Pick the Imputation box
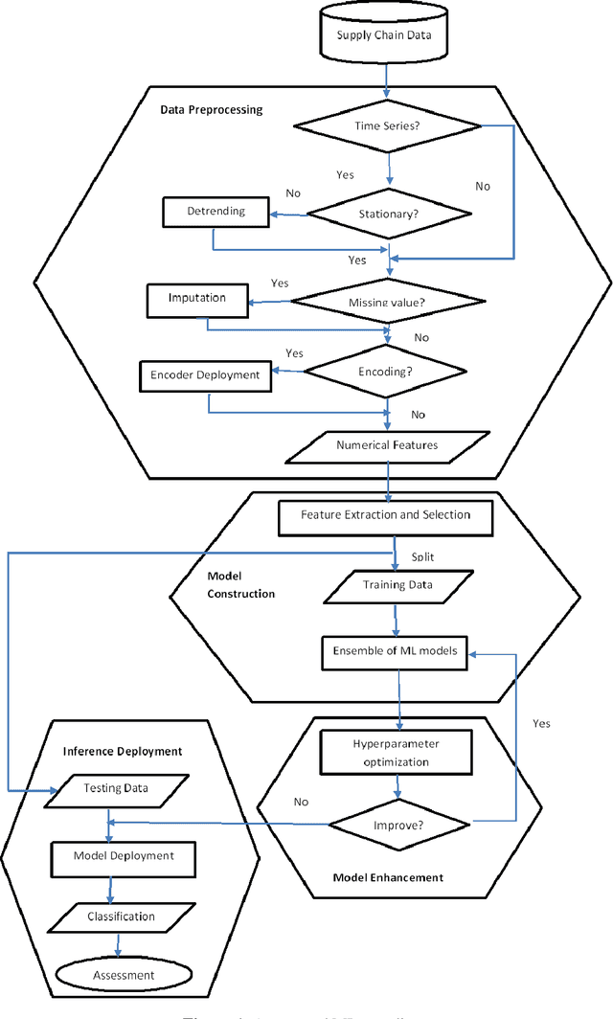[x=196, y=299]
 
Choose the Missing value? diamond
[x=387, y=303]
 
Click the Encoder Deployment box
[x=205, y=375]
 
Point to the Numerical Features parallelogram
[x=387, y=445]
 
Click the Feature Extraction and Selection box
[x=386, y=515]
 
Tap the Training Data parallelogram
[x=397, y=584]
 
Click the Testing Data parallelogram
[x=115, y=788]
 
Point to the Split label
[x=421, y=556]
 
